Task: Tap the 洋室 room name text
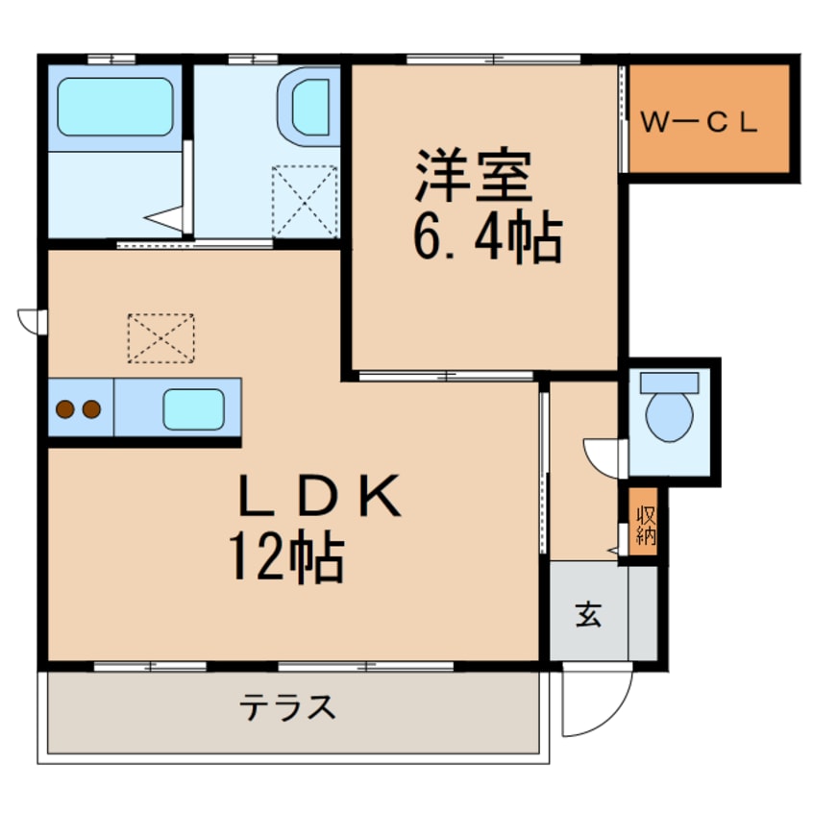[474, 177]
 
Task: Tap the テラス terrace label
[288, 709]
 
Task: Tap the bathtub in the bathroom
[114, 108]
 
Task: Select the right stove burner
[91, 410]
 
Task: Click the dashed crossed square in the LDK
[160, 338]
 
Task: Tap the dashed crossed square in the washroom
[305, 200]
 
